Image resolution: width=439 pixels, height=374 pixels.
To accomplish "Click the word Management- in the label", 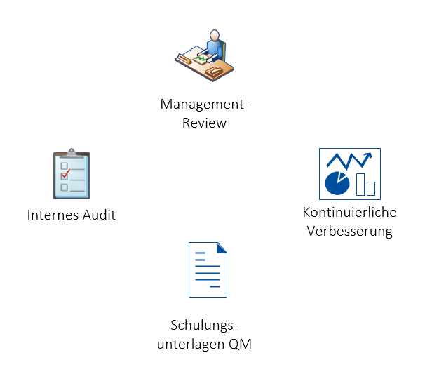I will [205, 105].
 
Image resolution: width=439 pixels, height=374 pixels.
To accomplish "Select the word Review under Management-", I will [205, 123].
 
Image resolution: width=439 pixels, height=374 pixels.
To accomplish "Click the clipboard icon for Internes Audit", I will [72, 175].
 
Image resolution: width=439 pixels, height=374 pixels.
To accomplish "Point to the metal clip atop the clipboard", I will [72, 152].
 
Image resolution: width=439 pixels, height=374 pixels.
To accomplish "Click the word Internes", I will [53, 215].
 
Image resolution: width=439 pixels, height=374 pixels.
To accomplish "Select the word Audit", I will [98, 215].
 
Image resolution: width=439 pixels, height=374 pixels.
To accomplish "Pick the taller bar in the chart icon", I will [360, 184].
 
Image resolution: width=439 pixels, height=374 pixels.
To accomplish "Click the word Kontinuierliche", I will [349, 212].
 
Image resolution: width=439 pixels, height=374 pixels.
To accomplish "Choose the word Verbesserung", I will [349, 230].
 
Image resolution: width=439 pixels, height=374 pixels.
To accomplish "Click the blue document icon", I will [208, 269].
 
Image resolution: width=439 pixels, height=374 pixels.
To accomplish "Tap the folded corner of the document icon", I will [222, 248].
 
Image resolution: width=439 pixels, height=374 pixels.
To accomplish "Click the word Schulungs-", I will [205, 326].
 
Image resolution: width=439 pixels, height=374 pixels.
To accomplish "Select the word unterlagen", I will [193, 344].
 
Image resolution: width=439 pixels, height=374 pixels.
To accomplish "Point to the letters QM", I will [240, 344].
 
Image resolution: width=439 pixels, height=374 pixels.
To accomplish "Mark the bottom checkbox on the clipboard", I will [64, 187].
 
